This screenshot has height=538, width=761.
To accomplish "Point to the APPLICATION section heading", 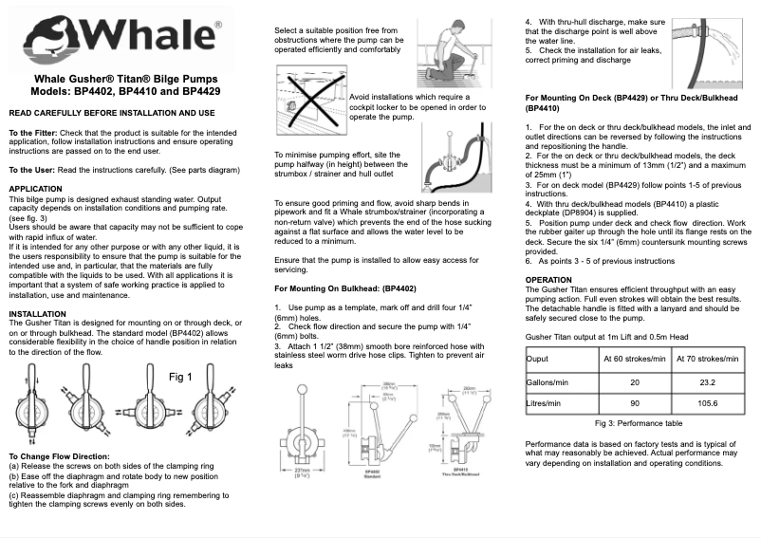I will [35, 190].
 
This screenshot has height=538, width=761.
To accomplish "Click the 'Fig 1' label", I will [180, 377].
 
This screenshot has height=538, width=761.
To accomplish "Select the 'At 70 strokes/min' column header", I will [707, 360].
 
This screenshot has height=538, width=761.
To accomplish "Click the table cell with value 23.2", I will [707, 381].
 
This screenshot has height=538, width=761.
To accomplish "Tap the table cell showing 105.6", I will [707, 403].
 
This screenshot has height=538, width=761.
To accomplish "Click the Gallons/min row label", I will [550, 381].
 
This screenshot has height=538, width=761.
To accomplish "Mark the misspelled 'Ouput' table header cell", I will [538, 360].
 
